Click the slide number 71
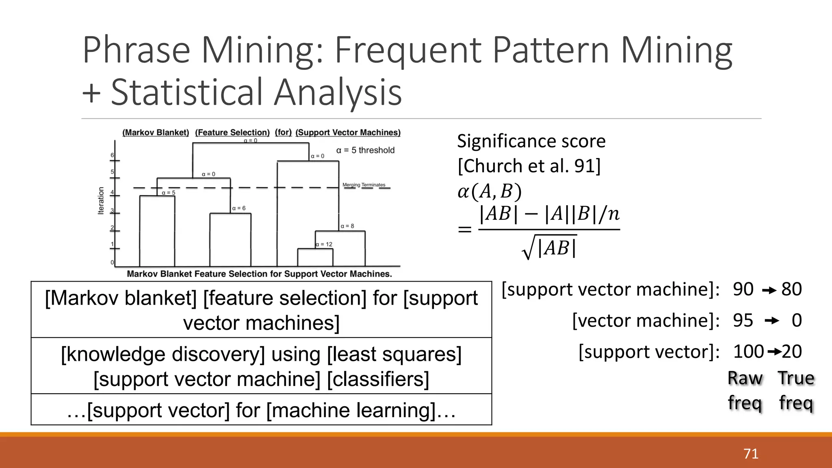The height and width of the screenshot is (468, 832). tap(751, 453)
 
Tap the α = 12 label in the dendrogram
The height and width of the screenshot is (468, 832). tap(324, 245)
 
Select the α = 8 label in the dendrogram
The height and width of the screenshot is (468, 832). tap(347, 226)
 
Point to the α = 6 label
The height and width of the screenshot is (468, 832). tap(239, 208)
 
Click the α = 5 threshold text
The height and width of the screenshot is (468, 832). tap(365, 150)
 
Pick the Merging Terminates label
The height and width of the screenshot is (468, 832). tap(364, 185)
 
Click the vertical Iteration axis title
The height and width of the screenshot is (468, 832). tap(101, 201)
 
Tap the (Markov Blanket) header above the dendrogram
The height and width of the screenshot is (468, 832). tap(156, 132)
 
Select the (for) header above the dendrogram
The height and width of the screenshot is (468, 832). tap(283, 132)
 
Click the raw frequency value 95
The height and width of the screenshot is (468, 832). tap(743, 321)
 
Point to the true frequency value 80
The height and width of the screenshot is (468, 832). tap(791, 289)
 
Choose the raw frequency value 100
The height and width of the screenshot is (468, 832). tap(748, 351)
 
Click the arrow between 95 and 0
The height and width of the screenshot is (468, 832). tap(771, 321)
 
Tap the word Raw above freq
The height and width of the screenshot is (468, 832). tap(745, 378)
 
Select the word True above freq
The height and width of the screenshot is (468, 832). tap(796, 378)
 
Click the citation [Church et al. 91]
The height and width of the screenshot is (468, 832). tap(529, 166)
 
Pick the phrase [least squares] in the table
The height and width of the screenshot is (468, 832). tap(394, 354)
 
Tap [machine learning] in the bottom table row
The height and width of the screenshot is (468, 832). tap(353, 410)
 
